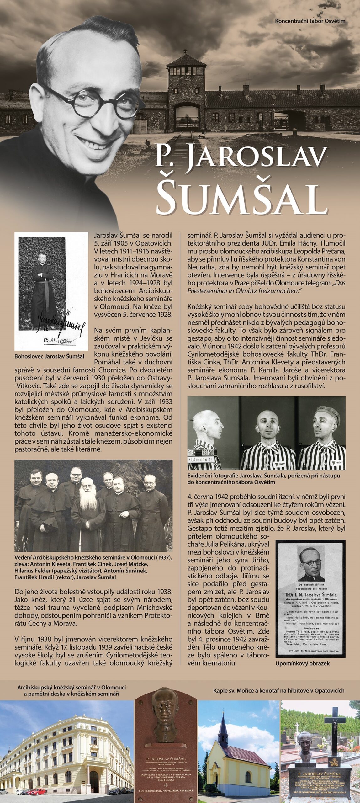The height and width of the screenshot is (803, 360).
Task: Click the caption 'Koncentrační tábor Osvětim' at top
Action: click(x=310, y=21)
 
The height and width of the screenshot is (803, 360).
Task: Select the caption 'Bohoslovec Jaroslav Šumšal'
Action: click(x=50, y=356)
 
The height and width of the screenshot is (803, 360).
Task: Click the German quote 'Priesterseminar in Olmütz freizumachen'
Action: click(x=242, y=290)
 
